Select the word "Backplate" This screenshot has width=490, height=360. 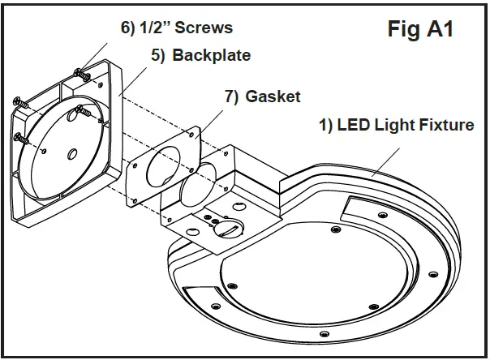click(x=211, y=56)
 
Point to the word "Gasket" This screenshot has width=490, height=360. click(x=273, y=96)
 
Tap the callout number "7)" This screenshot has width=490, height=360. click(x=231, y=96)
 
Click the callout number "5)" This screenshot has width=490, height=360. click(x=157, y=56)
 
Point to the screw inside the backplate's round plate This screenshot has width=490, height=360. click(x=79, y=109)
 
